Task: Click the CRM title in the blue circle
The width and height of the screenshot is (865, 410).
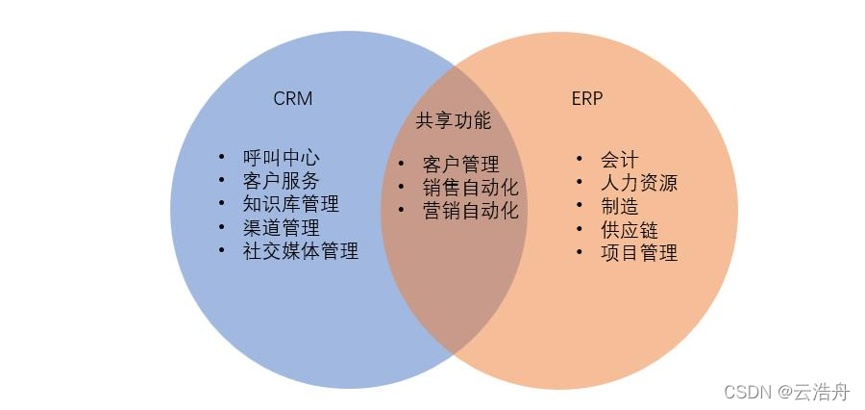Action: tap(292, 99)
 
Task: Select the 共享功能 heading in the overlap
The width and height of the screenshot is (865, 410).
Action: tap(453, 121)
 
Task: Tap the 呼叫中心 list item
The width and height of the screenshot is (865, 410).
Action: tap(281, 158)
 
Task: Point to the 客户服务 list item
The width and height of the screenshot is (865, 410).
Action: tap(281, 181)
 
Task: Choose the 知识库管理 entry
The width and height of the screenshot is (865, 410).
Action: tap(290, 204)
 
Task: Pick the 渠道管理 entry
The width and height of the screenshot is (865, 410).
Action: tap(281, 228)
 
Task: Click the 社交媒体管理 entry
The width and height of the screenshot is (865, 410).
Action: tap(300, 251)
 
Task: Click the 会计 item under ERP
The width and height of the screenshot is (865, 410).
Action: tap(619, 159)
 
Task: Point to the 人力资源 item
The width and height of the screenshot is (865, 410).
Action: tap(638, 182)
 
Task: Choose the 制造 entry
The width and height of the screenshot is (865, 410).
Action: tap(619, 206)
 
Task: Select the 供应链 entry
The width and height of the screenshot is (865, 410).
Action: tap(629, 229)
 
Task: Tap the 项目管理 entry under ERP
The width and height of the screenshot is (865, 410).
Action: tap(638, 252)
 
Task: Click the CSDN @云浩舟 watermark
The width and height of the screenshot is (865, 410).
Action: tap(787, 391)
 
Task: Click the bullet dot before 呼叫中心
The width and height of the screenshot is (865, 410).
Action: tap(222, 157)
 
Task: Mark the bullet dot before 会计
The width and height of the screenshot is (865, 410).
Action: tap(580, 158)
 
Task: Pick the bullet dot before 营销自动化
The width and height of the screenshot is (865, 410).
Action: tap(401, 210)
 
